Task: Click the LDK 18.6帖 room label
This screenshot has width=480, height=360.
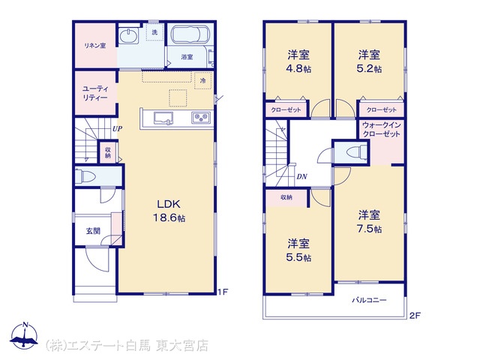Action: pyautogui.click(x=169, y=211)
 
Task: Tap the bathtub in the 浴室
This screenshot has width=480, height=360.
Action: pyautogui.click(x=190, y=34)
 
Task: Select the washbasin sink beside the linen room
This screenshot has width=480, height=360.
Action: pyautogui.click(x=129, y=36)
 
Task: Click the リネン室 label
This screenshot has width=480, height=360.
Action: pyautogui.click(x=95, y=46)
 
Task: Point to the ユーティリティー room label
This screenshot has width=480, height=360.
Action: pyautogui.click(x=95, y=93)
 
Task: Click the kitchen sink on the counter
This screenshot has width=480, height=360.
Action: pyautogui.click(x=163, y=118)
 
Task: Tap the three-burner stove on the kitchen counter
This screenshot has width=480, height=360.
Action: pyautogui.click(x=201, y=118)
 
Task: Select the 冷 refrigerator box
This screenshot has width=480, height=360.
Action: pyautogui.click(x=203, y=80)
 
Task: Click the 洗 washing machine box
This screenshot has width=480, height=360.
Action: pyautogui.click(x=154, y=31)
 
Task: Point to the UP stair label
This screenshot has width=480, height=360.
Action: pyautogui.click(x=117, y=128)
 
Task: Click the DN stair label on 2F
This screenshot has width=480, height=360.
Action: pyautogui.click(x=301, y=177)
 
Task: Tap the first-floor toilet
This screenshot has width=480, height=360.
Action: pyautogui.click(x=85, y=176)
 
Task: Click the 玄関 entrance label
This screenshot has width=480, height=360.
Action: pyautogui.click(x=93, y=231)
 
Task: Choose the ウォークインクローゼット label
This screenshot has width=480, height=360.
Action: pyautogui.click(x=381, y=130)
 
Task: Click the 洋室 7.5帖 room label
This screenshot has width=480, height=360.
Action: pyautogui.click(x=369, y=222)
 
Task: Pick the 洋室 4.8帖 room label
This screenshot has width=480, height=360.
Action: pyautogui.click(x=298, y=61)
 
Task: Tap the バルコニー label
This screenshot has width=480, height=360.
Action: pyautogui.click(x=369, y=300)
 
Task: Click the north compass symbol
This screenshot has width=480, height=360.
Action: pyautogui.click(x=25, y=336)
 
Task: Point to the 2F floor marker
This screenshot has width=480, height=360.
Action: pyautogui.click(x=415, y=316)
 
